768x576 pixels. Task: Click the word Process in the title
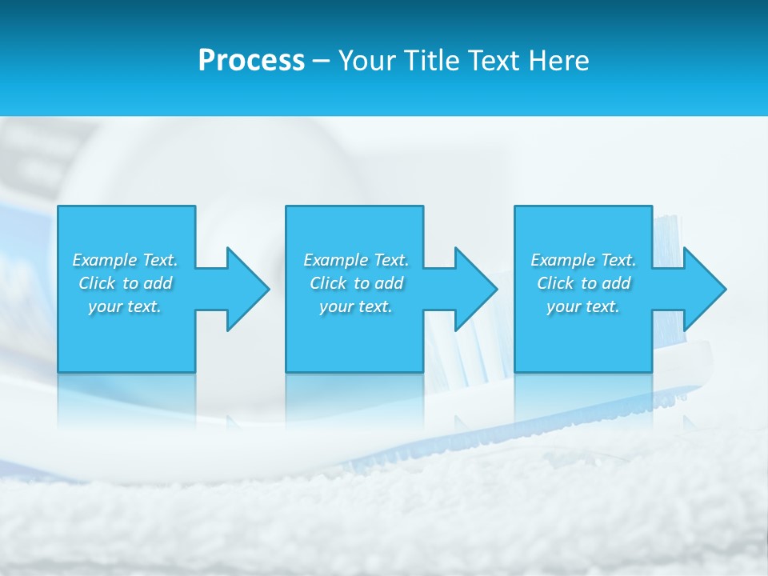pyautogui.click(x=251, y=61)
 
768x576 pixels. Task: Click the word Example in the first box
pyautogui.click(x=104, y=260)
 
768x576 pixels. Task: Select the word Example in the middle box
pyautogui.click(x=335, y=260)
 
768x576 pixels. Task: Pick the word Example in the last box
pyautogui.click(x=562, y=260)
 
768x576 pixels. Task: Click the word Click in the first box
pyautogui.click(x=96, y=283)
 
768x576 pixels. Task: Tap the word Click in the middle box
pyautogui.click(x=327, y=283)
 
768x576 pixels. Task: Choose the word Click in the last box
pyautogui.click(x=554, y=283)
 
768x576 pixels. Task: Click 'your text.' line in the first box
pyautogui.click(x=125, y=306)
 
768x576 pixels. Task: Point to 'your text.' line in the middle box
pyautogui.click(x=356, y=306)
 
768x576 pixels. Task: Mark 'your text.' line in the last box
pyautogui.click(x=583, y=306)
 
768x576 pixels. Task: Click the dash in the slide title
pyautogui.click(x=322, y=61)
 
